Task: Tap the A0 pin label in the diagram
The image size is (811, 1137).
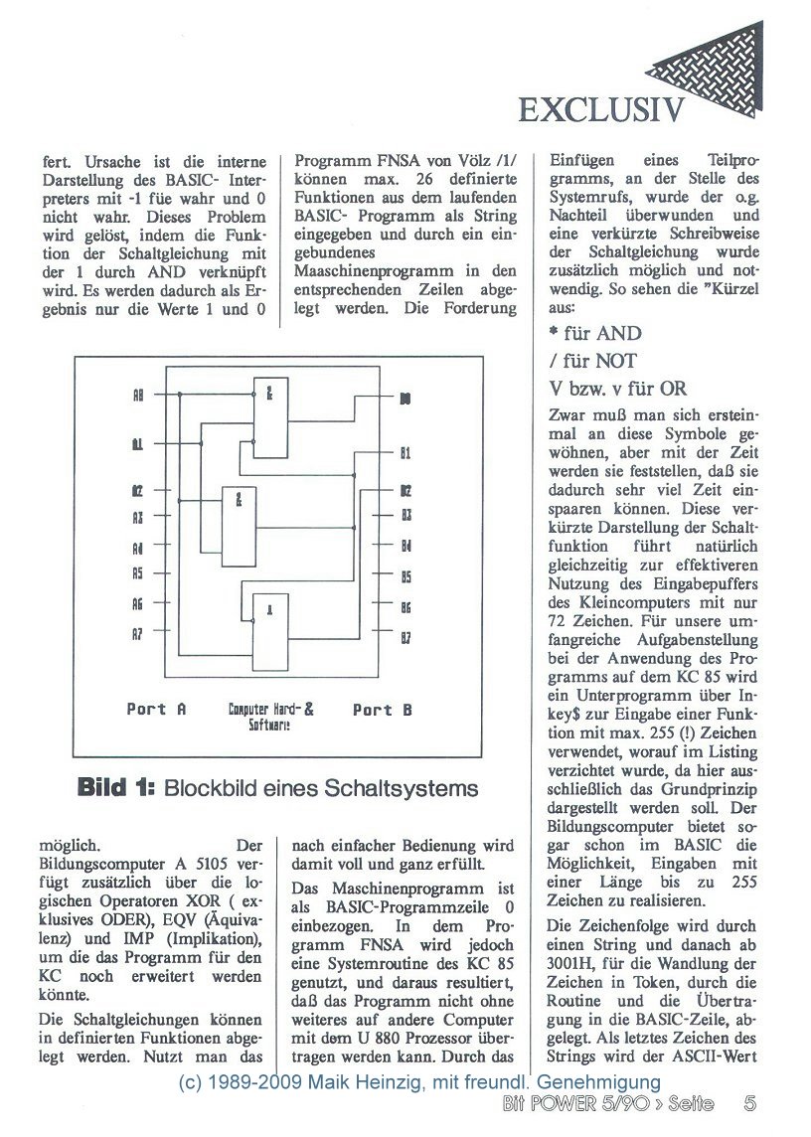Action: tap(138, 396)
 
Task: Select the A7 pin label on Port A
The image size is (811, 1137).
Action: tap(138, 633)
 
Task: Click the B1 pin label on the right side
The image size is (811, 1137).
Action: tap(405, 453)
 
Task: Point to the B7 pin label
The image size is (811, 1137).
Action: tap(405, 636)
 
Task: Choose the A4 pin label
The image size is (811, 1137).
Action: tap(138, 548)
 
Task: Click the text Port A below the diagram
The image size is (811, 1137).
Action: tap(156, 709)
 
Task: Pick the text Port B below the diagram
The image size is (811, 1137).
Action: tap(383, 709)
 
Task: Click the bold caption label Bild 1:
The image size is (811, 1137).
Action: tap(116, 788)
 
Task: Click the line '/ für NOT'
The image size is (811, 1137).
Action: tap(592, 361)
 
